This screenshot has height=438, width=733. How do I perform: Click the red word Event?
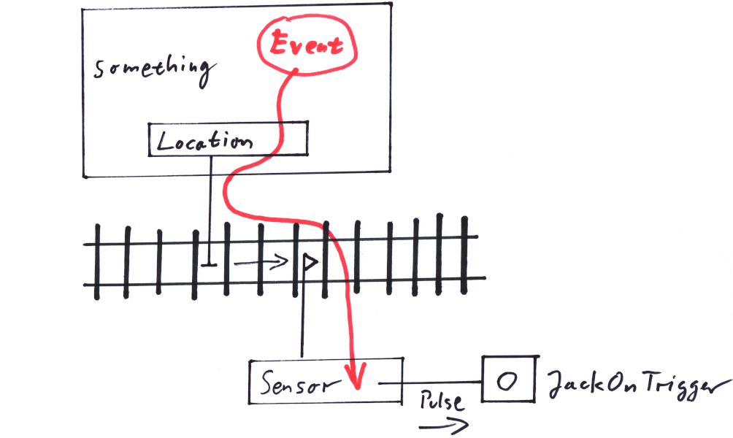pos(306,45)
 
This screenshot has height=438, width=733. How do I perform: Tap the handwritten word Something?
pos(154,69)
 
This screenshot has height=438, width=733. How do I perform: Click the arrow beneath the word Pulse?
pos(442,425)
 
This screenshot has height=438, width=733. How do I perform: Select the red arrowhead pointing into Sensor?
pos(356,378)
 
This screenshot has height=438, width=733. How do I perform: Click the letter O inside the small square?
pos(507,380)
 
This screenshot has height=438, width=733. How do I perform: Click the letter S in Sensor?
pos(268,383)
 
